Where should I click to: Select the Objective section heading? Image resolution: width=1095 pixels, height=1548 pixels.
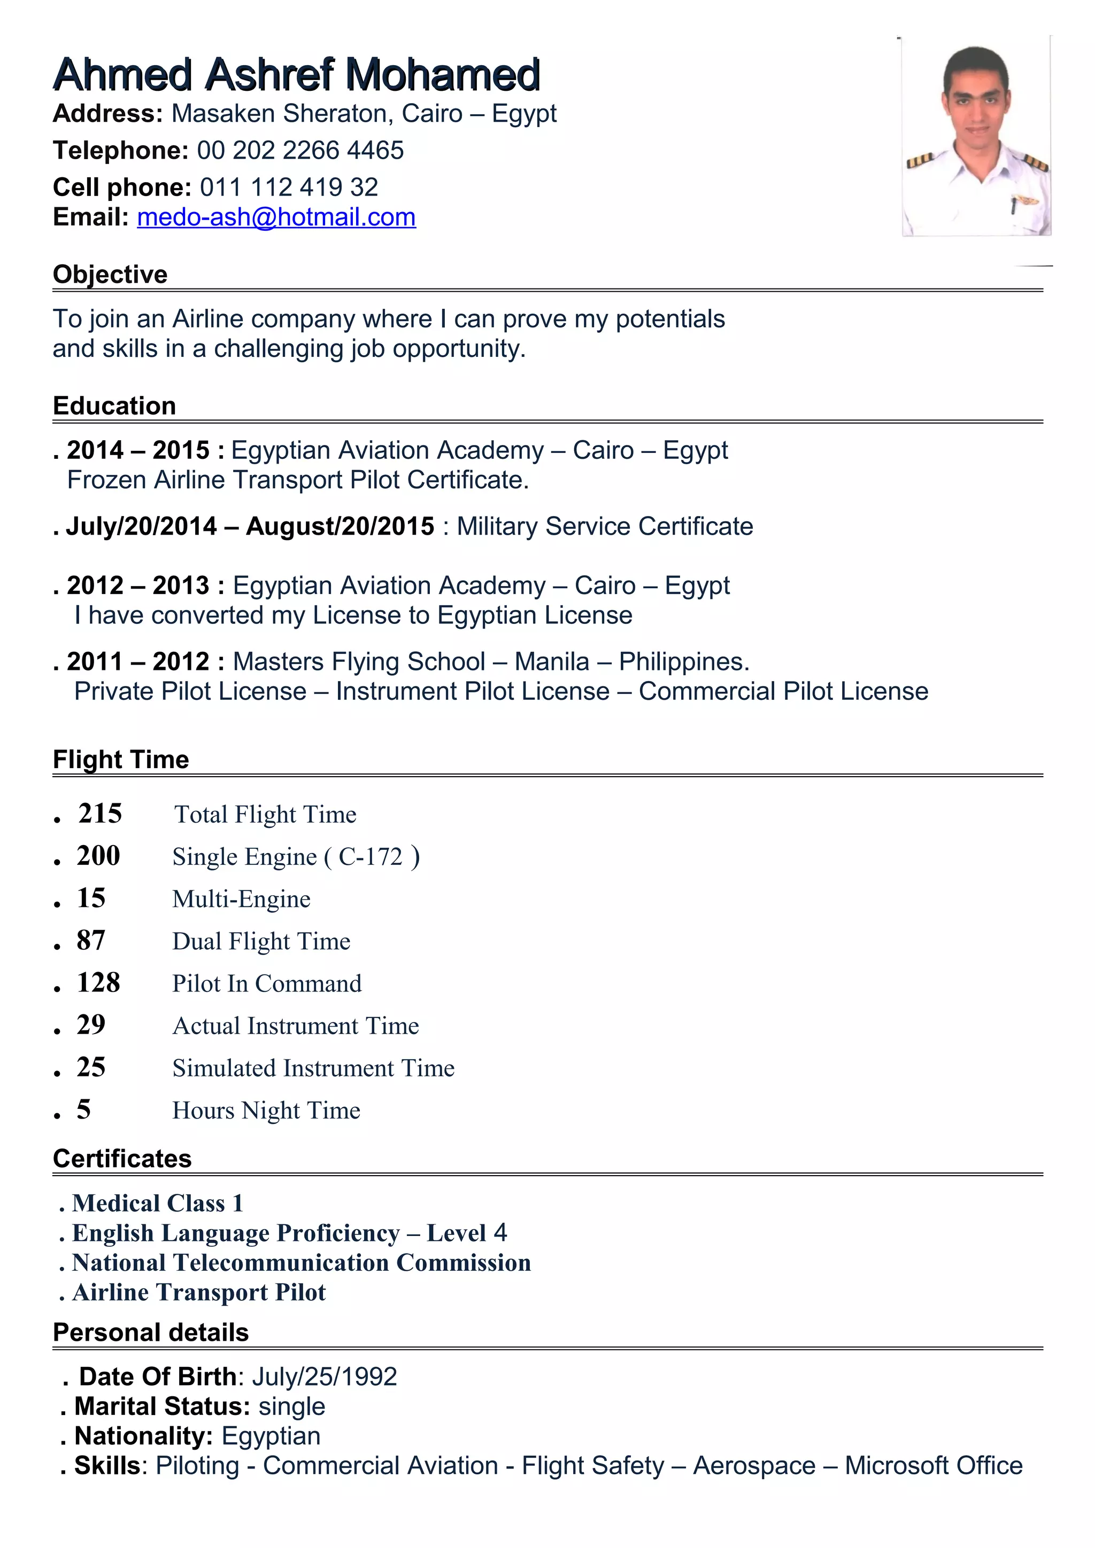110,275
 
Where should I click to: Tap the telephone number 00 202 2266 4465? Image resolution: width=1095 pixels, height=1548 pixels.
300,150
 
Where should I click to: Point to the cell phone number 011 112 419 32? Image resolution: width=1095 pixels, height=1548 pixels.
289,187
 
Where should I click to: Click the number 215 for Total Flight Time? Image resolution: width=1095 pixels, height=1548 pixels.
100,814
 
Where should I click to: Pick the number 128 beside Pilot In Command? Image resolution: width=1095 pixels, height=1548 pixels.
98,983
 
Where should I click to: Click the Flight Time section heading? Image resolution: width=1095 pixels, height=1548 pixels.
121,760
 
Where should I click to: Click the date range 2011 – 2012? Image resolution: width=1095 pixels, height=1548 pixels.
138,662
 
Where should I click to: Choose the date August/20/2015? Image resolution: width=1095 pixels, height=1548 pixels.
340,527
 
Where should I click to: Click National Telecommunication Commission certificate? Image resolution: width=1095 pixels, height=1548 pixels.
301,1263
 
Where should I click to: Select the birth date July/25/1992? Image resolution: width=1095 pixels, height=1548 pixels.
325,1377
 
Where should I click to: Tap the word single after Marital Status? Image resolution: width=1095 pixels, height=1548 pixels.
291,1406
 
